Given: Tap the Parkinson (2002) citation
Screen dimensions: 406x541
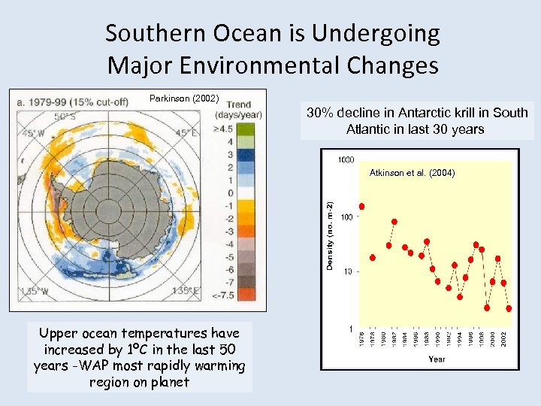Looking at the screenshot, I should (184, 98).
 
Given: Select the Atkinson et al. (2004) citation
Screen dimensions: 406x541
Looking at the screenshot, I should (412, 173).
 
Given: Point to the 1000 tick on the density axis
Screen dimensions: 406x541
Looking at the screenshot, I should (346, 159).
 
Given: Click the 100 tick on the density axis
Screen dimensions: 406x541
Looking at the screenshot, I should (346, 217).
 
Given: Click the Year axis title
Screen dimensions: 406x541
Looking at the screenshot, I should (437, 359).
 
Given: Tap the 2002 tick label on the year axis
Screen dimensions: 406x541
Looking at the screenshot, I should (503, 339).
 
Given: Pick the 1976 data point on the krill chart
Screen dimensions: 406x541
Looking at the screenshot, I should (362, 206).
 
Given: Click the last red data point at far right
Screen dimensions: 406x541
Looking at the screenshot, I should (509, 308).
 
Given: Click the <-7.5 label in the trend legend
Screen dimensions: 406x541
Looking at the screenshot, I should (224, 295).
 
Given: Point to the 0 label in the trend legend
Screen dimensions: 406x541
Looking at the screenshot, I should (229, 193).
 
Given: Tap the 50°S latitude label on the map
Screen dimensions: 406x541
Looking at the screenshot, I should (65, 117).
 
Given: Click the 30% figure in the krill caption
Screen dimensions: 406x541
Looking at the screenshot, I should (321, 113).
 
